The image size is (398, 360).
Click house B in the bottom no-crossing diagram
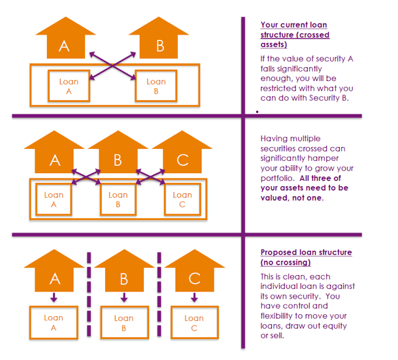124,270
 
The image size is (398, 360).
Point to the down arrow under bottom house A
54,297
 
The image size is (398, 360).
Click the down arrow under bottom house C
195,297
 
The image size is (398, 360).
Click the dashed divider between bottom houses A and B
89,294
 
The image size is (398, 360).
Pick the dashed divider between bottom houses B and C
159,294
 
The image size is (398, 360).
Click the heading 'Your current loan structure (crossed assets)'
295,35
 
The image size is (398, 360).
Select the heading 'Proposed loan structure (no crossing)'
306,257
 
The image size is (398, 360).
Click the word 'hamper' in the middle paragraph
325,158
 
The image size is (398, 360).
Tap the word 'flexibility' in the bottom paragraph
276,316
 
